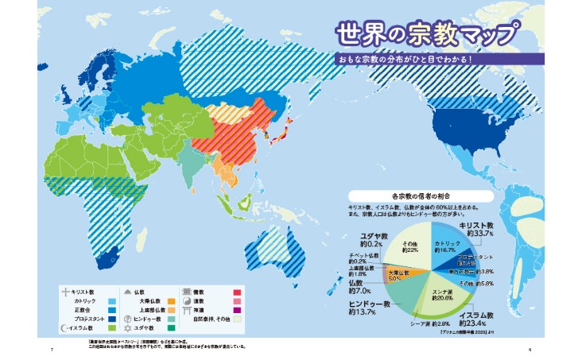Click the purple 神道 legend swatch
[x=237, y=311]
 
